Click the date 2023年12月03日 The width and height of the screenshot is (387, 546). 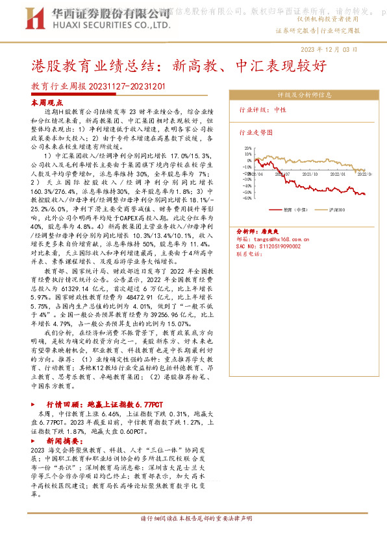tap(338, 49)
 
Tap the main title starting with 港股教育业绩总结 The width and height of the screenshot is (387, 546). tap(175, 66)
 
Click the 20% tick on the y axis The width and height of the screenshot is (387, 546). tap(247, 148)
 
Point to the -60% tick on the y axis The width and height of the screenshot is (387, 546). tap(247, 198)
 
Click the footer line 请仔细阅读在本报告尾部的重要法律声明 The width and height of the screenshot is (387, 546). tap(196, 519)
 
